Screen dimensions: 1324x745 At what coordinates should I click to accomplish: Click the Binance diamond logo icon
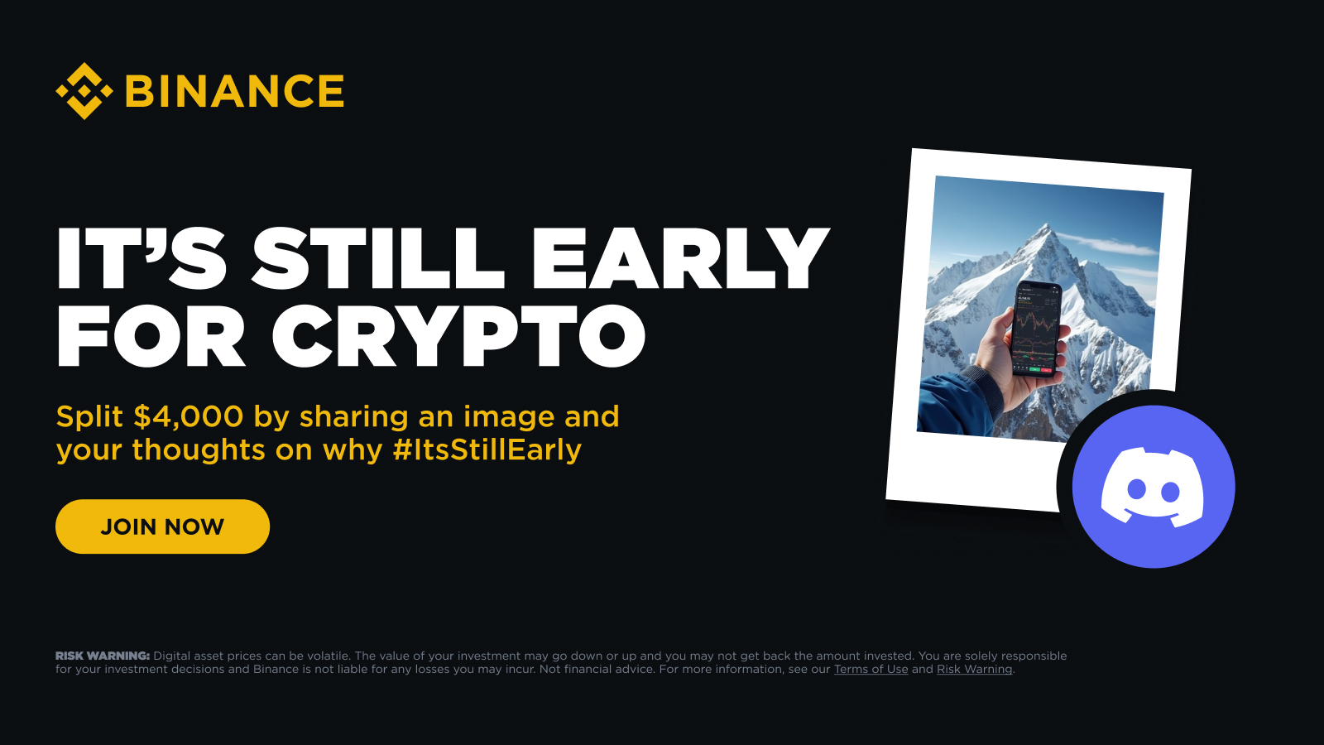[84, 91]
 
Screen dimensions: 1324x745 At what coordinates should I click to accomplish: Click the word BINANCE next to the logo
[235, 91]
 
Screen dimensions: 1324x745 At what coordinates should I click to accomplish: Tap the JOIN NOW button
[162, 526]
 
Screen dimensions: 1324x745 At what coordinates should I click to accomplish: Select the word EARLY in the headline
[679, 257]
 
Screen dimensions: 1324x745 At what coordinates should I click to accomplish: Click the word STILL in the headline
[378, 257]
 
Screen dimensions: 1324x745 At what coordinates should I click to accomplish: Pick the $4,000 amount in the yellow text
[189, 417]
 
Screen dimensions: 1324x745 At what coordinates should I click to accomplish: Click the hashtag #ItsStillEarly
[487, 450]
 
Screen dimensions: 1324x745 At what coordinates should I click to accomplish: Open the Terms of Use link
[871, 670]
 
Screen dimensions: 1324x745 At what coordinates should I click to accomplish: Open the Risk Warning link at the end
[974, 670]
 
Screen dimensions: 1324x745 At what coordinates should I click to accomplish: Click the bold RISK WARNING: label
[103, 656]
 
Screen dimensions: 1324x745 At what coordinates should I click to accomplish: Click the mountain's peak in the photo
[1047, 226]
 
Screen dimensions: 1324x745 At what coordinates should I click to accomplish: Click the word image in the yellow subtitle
[508, 418]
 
